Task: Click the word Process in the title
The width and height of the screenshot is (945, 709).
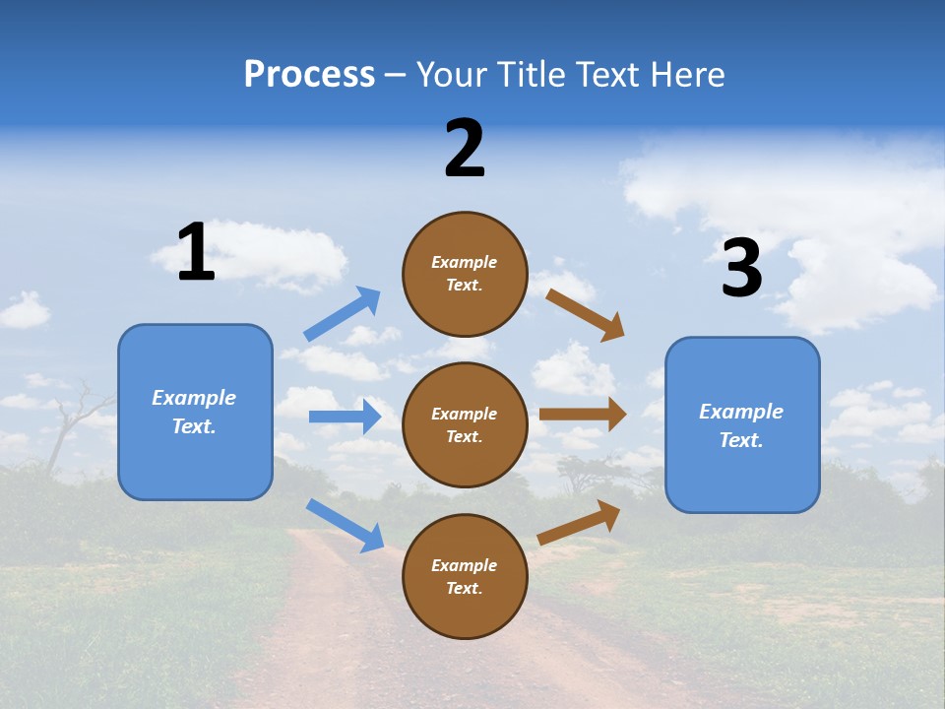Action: (x=309, y=74)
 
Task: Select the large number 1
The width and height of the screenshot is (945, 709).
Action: (x=196, y=253)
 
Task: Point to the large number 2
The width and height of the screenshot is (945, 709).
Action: (x=465, y=149)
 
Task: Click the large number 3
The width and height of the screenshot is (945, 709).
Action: (x=741, y=269)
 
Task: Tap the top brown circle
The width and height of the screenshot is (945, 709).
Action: (x=465, y=274)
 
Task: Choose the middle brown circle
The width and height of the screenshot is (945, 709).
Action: (x=465, y=424)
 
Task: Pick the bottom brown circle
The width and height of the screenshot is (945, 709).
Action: (x=465, y=576)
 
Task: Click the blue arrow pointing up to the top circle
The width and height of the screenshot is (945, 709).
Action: (x=343, y=314)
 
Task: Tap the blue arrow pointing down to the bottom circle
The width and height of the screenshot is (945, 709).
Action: (x=345, y=525)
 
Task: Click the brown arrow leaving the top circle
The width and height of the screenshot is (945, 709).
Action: (x=586, y=315)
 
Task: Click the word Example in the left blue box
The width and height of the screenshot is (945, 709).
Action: (x=194, y=398)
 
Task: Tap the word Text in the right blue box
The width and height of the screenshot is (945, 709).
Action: (x=739, y=440)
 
